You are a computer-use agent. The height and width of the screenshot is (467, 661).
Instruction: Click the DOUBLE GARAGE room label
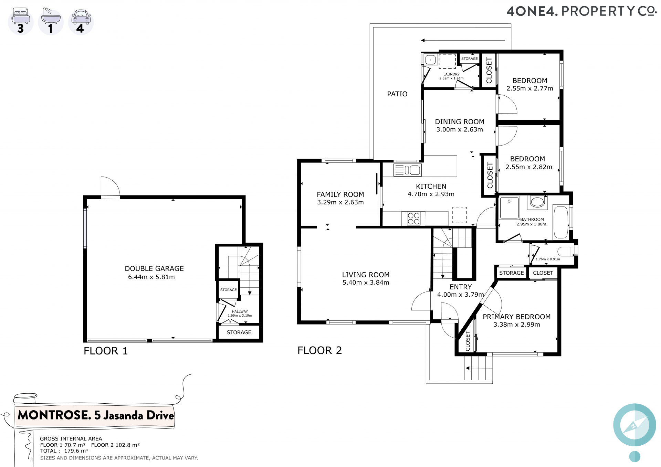pos(154,268)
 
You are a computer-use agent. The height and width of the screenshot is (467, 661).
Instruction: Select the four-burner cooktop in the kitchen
pos(413,219)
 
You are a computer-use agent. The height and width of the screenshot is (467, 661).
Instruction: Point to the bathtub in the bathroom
pos(561,222)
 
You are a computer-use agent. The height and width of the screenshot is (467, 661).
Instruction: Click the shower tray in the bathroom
pos(509,208)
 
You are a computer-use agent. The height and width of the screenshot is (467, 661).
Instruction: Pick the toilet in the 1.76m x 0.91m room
pos(566,252)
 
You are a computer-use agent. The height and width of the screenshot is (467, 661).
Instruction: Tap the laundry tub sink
pos(430,60)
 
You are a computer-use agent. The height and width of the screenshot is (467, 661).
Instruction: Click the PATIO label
pos(397,94)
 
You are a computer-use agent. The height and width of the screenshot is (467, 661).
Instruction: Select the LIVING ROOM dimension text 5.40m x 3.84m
pos(366,283)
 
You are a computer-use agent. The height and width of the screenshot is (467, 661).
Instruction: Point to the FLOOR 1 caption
pos(106,351)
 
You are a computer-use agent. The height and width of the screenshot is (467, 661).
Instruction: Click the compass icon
pos(634,425)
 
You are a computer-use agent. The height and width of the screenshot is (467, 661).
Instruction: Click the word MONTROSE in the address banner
pos(54,415)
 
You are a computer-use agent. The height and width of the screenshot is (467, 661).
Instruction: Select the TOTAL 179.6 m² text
pos(64,451)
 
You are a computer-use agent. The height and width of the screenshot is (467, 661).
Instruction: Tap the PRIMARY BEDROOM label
pos(516,317)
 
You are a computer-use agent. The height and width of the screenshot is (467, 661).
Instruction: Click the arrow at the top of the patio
pos(463,40)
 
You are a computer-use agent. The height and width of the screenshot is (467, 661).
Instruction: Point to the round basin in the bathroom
pos(537,202)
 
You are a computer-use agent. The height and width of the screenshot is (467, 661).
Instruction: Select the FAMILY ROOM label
pos(340,194)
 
